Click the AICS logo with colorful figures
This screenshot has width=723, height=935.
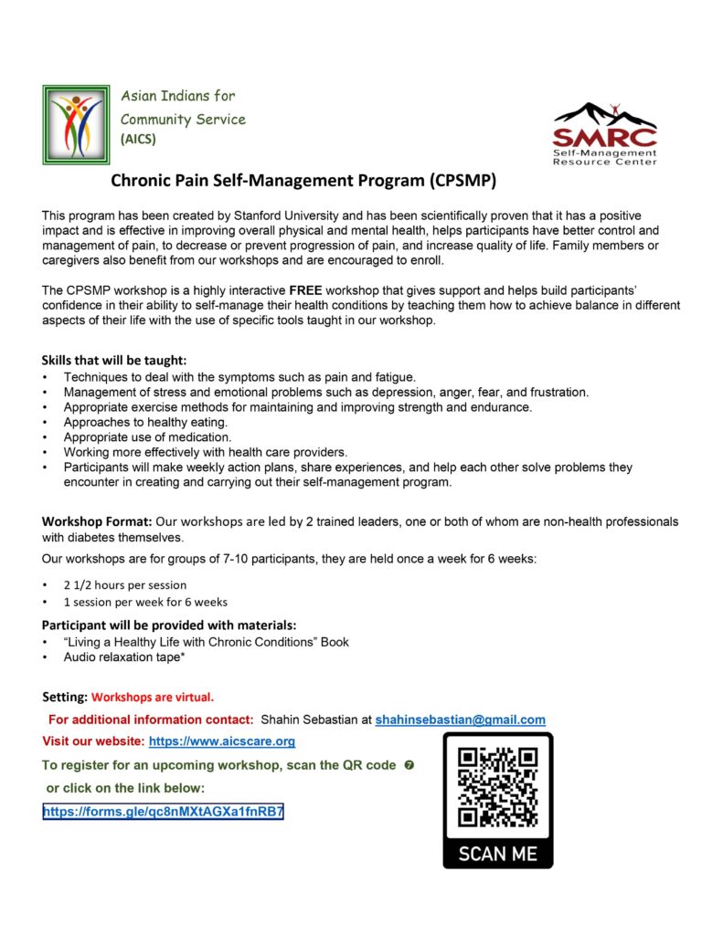click(76, 124)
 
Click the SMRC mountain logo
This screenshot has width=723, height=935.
click(604, 133)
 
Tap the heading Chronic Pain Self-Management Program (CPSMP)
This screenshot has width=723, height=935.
click(303, 181)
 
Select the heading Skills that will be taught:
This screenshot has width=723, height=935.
click(114, 361)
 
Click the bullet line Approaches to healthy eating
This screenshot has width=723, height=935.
click(145, 422)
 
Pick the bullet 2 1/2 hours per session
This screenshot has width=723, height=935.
click(124, 584)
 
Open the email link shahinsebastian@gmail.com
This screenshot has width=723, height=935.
click(460, 720)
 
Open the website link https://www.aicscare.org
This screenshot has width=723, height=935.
click(221, 741)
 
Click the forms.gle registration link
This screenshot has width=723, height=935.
click(163, 811)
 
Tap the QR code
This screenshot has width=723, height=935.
click(497, 787)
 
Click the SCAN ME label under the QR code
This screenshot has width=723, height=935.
click(497, 854)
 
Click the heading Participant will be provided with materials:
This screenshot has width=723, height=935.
click(169, 625)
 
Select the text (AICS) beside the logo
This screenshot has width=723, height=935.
click(138, 140)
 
